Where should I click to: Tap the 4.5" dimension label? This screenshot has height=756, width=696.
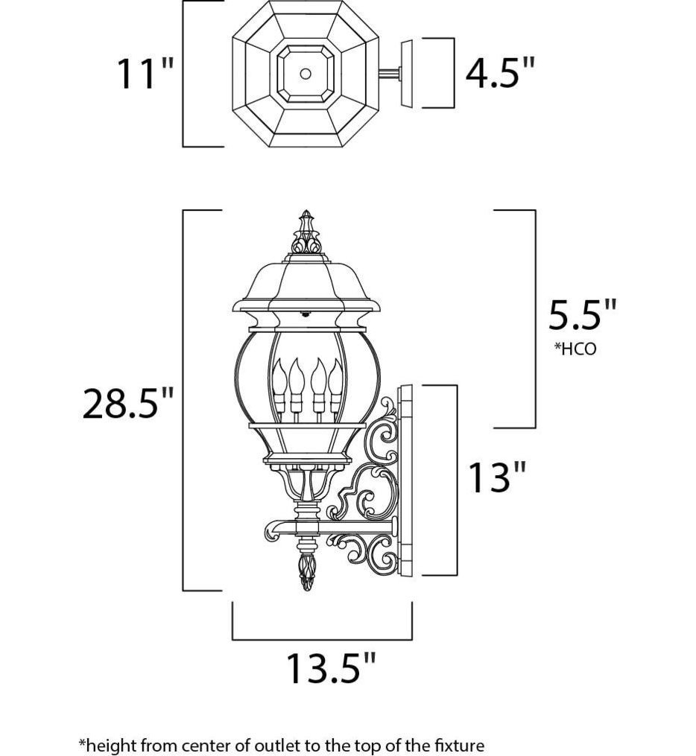point(500,73)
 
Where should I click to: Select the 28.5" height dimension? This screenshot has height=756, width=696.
point(127,403)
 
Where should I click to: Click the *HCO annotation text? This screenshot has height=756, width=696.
point(575,349)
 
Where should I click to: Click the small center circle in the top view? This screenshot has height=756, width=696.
point(305,73)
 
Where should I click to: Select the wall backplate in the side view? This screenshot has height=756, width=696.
point(406,481)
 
